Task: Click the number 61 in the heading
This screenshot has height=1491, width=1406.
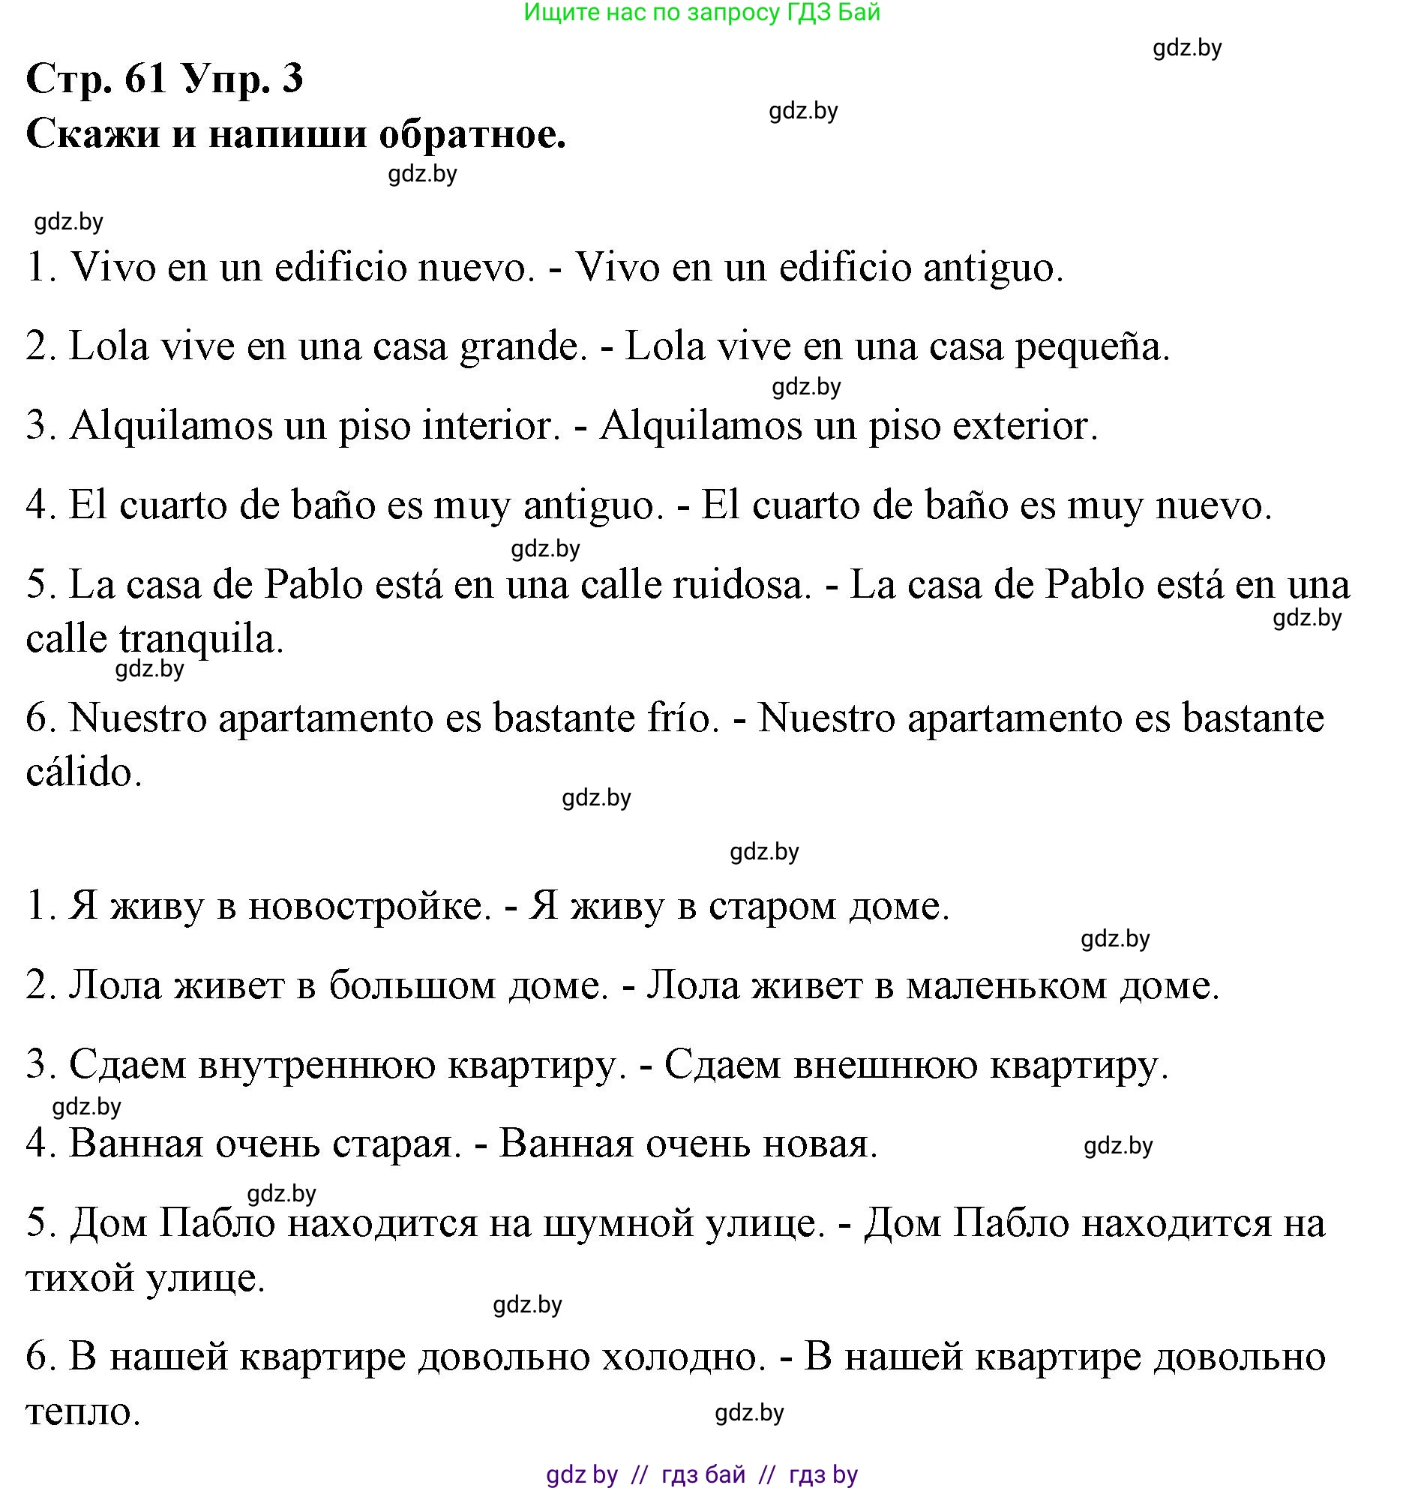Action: (145, 77)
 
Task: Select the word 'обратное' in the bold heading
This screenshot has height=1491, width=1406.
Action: (472, 135)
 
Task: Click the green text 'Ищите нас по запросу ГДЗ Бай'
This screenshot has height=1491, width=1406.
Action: (701, 12)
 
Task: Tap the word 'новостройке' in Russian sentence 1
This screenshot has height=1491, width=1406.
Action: (369, 907)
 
